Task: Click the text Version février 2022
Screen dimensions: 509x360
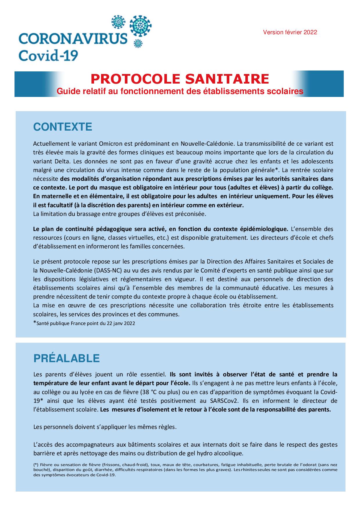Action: [290, 33]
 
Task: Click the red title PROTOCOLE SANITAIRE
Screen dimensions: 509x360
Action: [180, 79]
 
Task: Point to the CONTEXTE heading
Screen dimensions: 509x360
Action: [63, 127]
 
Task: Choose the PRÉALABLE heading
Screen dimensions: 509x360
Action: [66, 358]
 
